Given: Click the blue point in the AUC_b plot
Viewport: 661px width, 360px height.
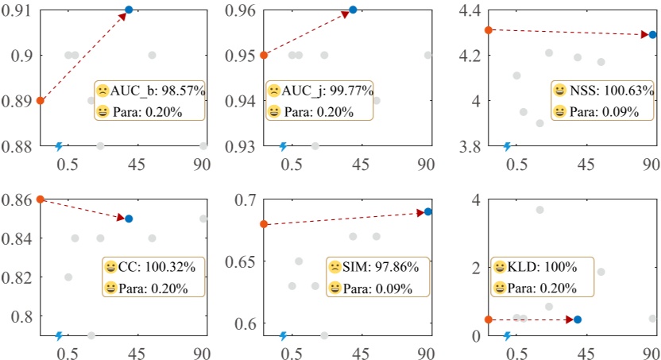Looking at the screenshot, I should coord(129,10).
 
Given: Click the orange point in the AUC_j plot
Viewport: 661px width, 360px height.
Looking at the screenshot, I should coord(264,56).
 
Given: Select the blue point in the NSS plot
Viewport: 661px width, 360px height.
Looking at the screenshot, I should coord(652,35).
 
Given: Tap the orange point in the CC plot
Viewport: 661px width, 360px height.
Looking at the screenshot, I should coord(40,199).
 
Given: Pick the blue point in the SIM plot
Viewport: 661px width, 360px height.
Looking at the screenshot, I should coord(428,211).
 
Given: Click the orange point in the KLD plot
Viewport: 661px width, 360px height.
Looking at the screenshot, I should coord(488,319).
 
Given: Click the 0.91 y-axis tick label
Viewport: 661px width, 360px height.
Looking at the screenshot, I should coord(16,10).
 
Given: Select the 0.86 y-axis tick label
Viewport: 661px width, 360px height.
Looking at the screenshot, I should coord(16,199).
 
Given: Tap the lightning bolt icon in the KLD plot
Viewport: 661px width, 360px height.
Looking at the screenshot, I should coord(508,335).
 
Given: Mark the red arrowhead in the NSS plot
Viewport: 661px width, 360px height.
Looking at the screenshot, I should coord(642,34).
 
